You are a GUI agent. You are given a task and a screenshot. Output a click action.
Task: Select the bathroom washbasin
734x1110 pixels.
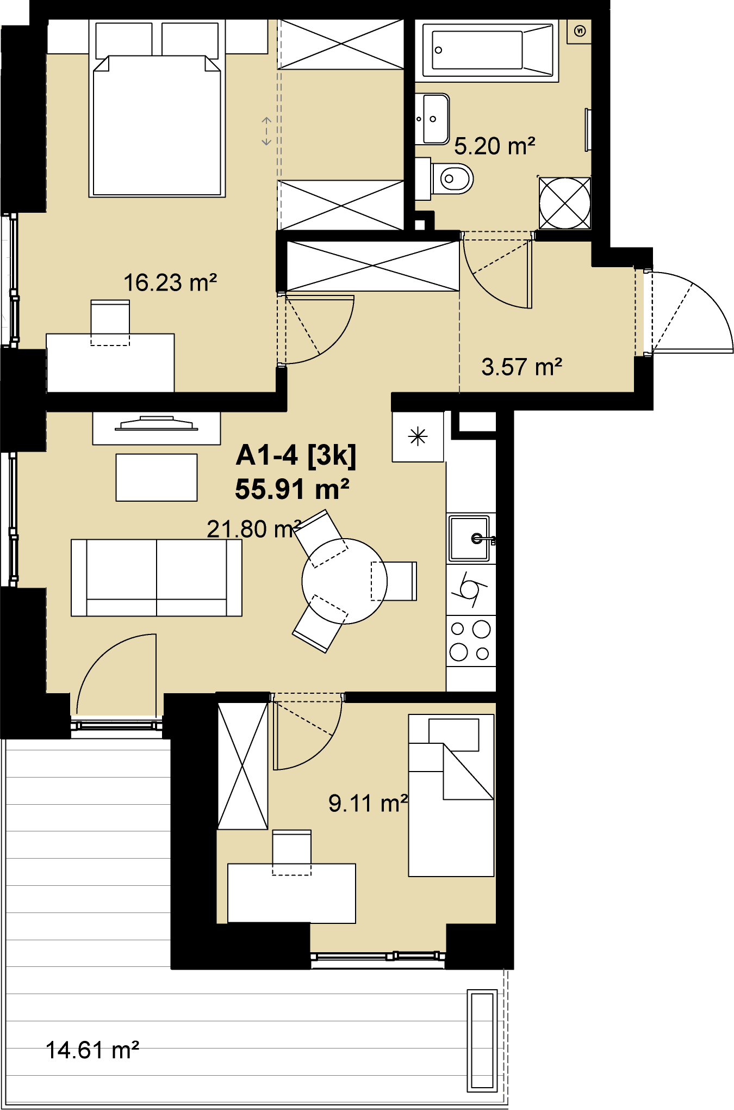[x=433, y=119]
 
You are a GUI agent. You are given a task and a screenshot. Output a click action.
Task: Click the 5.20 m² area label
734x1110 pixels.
[x=494, y=146]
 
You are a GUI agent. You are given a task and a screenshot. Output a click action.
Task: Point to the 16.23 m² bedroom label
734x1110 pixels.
[x=170, y=282]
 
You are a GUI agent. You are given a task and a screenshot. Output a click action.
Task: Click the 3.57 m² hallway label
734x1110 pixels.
[x=521, y=367]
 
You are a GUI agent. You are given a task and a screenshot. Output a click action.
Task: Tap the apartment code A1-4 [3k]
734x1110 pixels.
[x=296, y=455]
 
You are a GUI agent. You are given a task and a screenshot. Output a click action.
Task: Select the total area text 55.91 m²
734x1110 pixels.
[x=292, y=489]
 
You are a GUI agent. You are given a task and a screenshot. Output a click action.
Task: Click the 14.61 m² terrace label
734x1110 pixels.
[x=92, y=1050]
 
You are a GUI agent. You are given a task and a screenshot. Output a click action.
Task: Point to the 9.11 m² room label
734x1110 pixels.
[x=368, y=803]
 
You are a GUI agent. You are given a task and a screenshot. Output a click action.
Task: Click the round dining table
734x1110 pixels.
[x=345, y=581]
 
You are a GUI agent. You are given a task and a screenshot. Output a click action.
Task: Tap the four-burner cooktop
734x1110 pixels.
[x=471, y=640]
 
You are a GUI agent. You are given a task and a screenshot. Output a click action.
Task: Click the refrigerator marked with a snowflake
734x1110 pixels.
[x=418, y=436]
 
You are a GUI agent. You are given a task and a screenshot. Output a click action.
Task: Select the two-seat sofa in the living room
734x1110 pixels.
[x=157, y=578]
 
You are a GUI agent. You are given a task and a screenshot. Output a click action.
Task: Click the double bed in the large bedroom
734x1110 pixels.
[x=157, y=109]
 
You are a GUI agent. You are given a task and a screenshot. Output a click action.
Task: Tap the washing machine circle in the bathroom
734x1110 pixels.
[x=565, y=203]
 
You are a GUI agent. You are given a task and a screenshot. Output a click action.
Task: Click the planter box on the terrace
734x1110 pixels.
[x=482, y=1040]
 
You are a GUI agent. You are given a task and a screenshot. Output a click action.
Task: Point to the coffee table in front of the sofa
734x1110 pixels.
[x=157, y=478]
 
